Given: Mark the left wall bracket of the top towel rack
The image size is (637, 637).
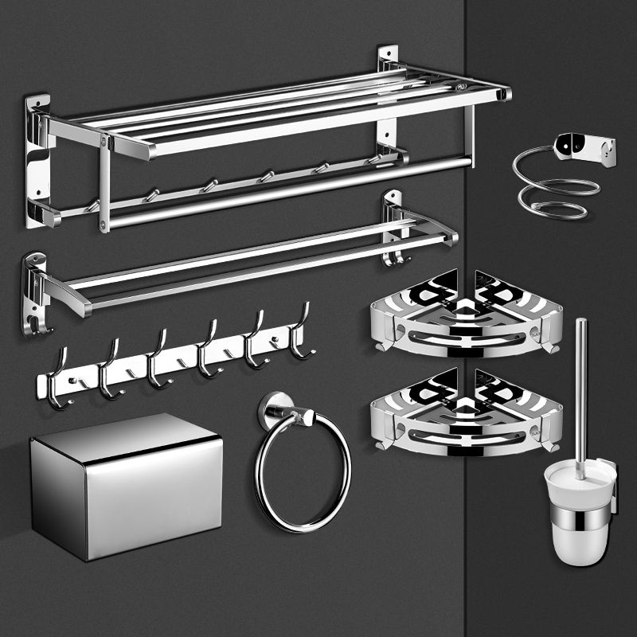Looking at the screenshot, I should point(37,159).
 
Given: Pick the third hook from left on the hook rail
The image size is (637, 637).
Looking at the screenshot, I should point(158,362).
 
